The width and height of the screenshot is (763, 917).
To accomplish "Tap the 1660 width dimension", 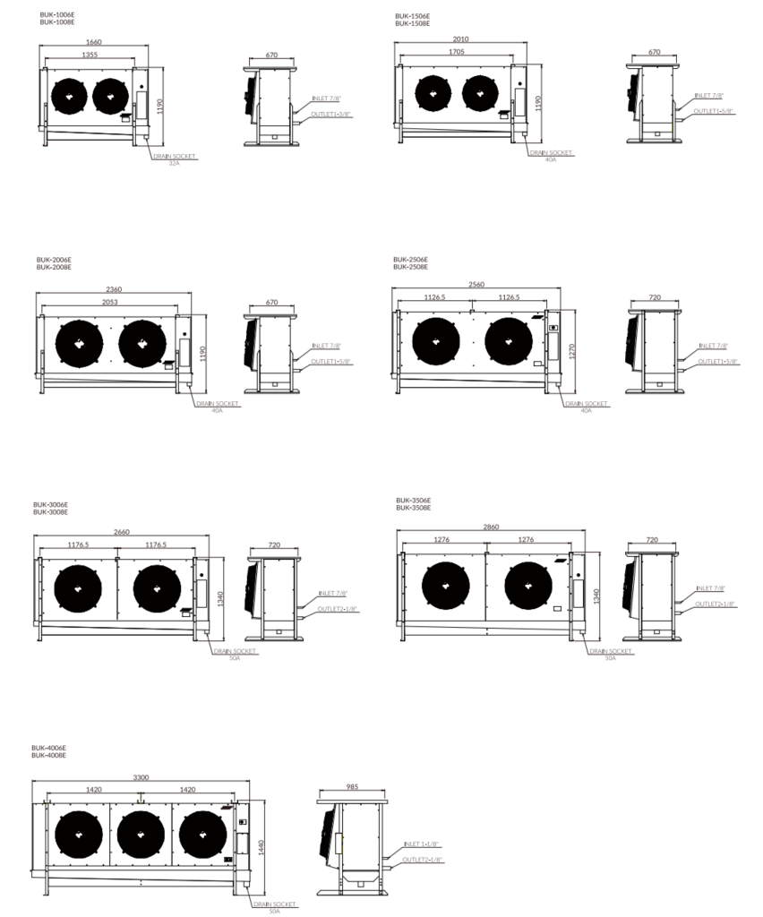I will tap(94, 42).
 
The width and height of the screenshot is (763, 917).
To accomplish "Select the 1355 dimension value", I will tap(90, 55).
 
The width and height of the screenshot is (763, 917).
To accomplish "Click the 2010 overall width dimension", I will tap(461, 39).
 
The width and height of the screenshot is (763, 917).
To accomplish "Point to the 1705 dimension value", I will tap(456, 52).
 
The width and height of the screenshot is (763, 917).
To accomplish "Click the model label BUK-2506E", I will tap(410, 259).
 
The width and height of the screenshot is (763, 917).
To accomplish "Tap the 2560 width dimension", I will tap(476, 284).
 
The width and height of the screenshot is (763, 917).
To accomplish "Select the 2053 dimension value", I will tap(109, 302).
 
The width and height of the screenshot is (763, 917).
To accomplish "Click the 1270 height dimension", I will tap(571, 351).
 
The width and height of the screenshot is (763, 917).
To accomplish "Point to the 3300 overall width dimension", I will tap(141, 777).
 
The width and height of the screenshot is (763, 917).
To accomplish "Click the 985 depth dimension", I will tap(351, 788).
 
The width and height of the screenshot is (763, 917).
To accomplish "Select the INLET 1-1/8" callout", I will tap(423, 844).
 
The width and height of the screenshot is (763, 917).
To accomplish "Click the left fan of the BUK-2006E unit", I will tap(80, 341).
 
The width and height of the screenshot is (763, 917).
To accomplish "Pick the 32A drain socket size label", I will tap(174, 163).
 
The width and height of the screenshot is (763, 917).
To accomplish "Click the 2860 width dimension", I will tap(491, 527).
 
